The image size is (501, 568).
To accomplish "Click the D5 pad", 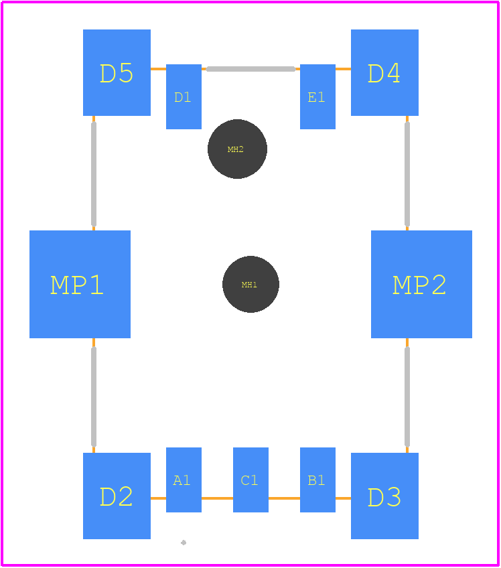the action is point(117,72).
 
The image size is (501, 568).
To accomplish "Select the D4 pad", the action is point(384,72).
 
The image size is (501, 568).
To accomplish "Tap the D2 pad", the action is point(117,496).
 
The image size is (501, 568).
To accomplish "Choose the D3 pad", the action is point(384,496).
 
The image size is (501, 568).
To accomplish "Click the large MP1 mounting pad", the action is point(80,285).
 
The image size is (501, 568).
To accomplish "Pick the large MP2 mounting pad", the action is point(422,285).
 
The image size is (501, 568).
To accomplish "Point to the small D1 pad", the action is point(184,96).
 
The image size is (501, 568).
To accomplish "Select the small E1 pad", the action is point(317,96).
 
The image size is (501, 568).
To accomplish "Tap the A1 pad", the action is point(184,480).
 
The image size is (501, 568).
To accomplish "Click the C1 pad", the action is point(250,480).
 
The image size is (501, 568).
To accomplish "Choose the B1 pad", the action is point(317,480).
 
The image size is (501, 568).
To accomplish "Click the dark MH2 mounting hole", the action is point(237,149).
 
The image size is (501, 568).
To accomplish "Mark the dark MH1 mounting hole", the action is point(250,285).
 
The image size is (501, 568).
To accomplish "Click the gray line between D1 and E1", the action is point(250,69).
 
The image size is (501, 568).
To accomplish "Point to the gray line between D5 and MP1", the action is point(94,174).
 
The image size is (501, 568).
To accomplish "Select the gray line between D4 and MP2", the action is point(407,174).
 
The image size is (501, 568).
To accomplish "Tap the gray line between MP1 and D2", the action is point(94,397).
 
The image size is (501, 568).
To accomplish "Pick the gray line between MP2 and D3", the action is point(407,397).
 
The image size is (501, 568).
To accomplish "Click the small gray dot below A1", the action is point(184,543).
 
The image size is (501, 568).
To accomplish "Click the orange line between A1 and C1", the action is point(218,498).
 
